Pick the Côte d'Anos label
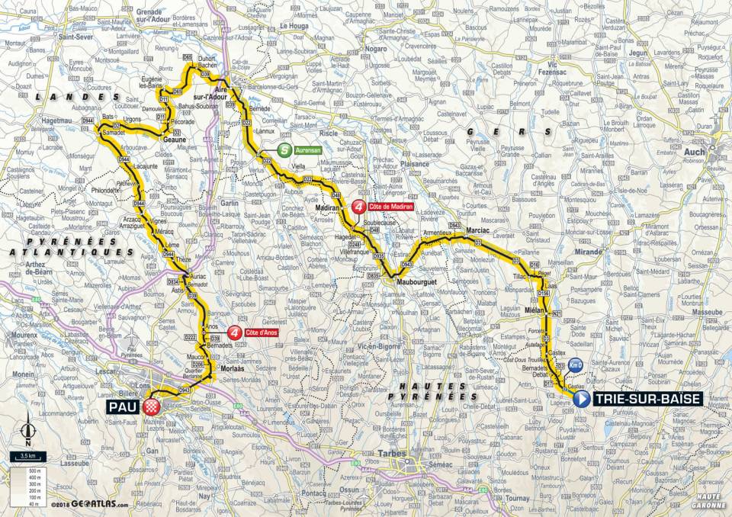pyautogui.click(x=264, y=332)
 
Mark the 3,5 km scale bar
pyautogui.click(x=28, y=457)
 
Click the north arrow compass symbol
pyautogui.click(x=28, y=431)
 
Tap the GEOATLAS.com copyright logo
pyautogui.click(x=91, y=503)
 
